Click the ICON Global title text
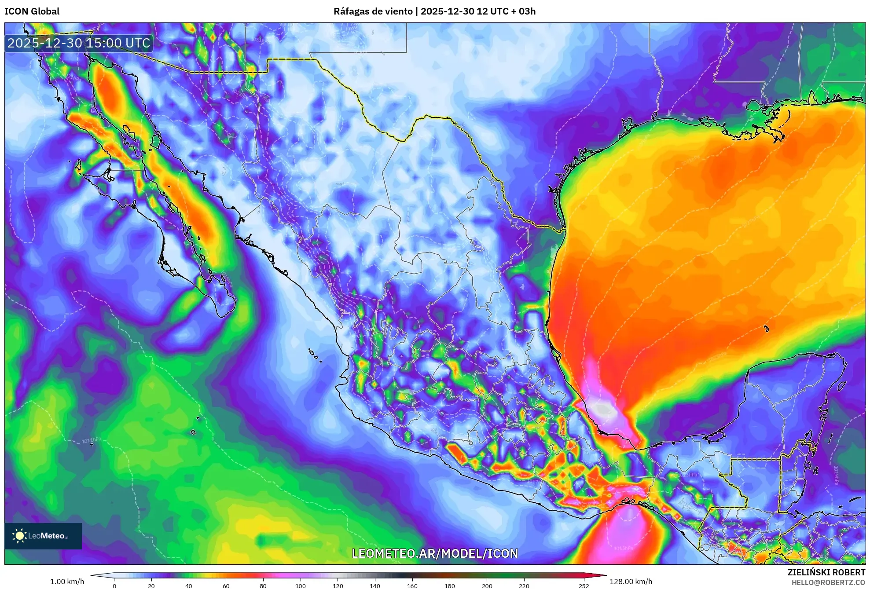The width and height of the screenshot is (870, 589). [x=32, y=11]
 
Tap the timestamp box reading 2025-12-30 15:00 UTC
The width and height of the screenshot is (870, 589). [x=79, y=43]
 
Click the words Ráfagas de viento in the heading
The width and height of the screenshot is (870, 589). [x=373, y=11]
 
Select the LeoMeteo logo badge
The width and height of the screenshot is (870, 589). [x=43, y=536]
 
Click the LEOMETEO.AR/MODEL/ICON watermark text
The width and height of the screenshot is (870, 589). [x=435, y=553]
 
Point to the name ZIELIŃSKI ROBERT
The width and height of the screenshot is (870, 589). [x=826, y=572]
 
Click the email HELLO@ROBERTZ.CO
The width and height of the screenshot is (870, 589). [x=828, y=582]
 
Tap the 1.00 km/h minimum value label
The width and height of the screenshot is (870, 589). [x=67, y=582]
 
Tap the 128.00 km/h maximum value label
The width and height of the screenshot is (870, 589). [x=631, y=582]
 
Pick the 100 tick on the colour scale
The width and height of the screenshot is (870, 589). [x=300, y=586]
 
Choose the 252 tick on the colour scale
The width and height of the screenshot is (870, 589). [x=584, y=586]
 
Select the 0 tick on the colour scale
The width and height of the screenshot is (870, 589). [x=114, y=586]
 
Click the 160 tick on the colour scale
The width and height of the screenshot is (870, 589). [x=412, y=586]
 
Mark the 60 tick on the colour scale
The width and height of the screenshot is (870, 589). [x=226, y=586]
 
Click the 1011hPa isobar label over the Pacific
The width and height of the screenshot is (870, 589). [x=92, y=440]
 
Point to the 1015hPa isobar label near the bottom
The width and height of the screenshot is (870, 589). [x=623, y=549]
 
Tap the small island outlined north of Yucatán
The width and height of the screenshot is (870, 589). [x=767, y=328]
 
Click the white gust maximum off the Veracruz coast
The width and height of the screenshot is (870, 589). [x=604, y=410]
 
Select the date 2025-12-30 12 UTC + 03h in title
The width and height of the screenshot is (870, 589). [x=478, y=11]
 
